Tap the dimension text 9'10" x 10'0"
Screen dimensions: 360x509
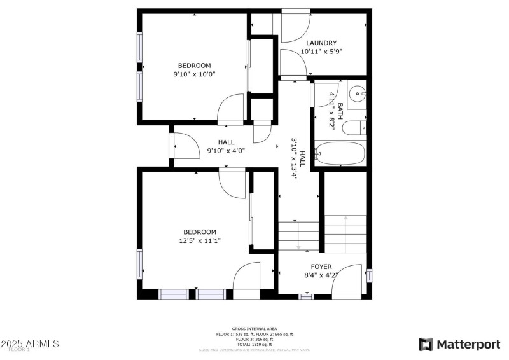[x=194, y=74]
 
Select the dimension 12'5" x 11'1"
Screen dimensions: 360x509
[x=200, y=240]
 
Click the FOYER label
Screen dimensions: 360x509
[x=321, y=267]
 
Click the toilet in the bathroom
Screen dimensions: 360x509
[x=354, y=128]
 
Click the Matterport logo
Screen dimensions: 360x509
[x=459, y=344]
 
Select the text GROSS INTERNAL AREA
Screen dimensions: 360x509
[x=254, y=329]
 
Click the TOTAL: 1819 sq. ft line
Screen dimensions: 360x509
[x=254, y=344]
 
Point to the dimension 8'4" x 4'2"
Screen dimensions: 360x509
[x=321, y=275]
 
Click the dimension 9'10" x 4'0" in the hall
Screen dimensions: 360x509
[x=226, y=151]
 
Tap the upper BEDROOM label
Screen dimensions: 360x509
[x=194, y=66]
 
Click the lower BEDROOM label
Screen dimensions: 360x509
[x=200, y=232]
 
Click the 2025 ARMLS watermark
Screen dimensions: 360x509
[x=30, y=344]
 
